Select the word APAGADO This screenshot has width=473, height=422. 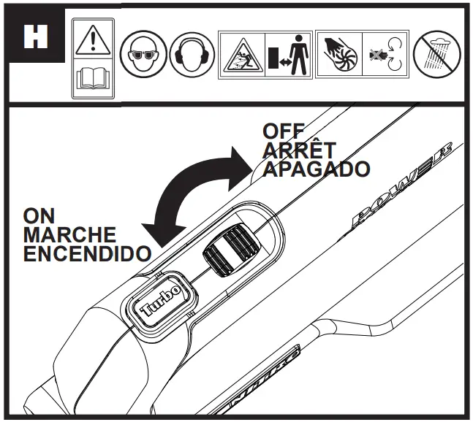(x=314, y=169)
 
